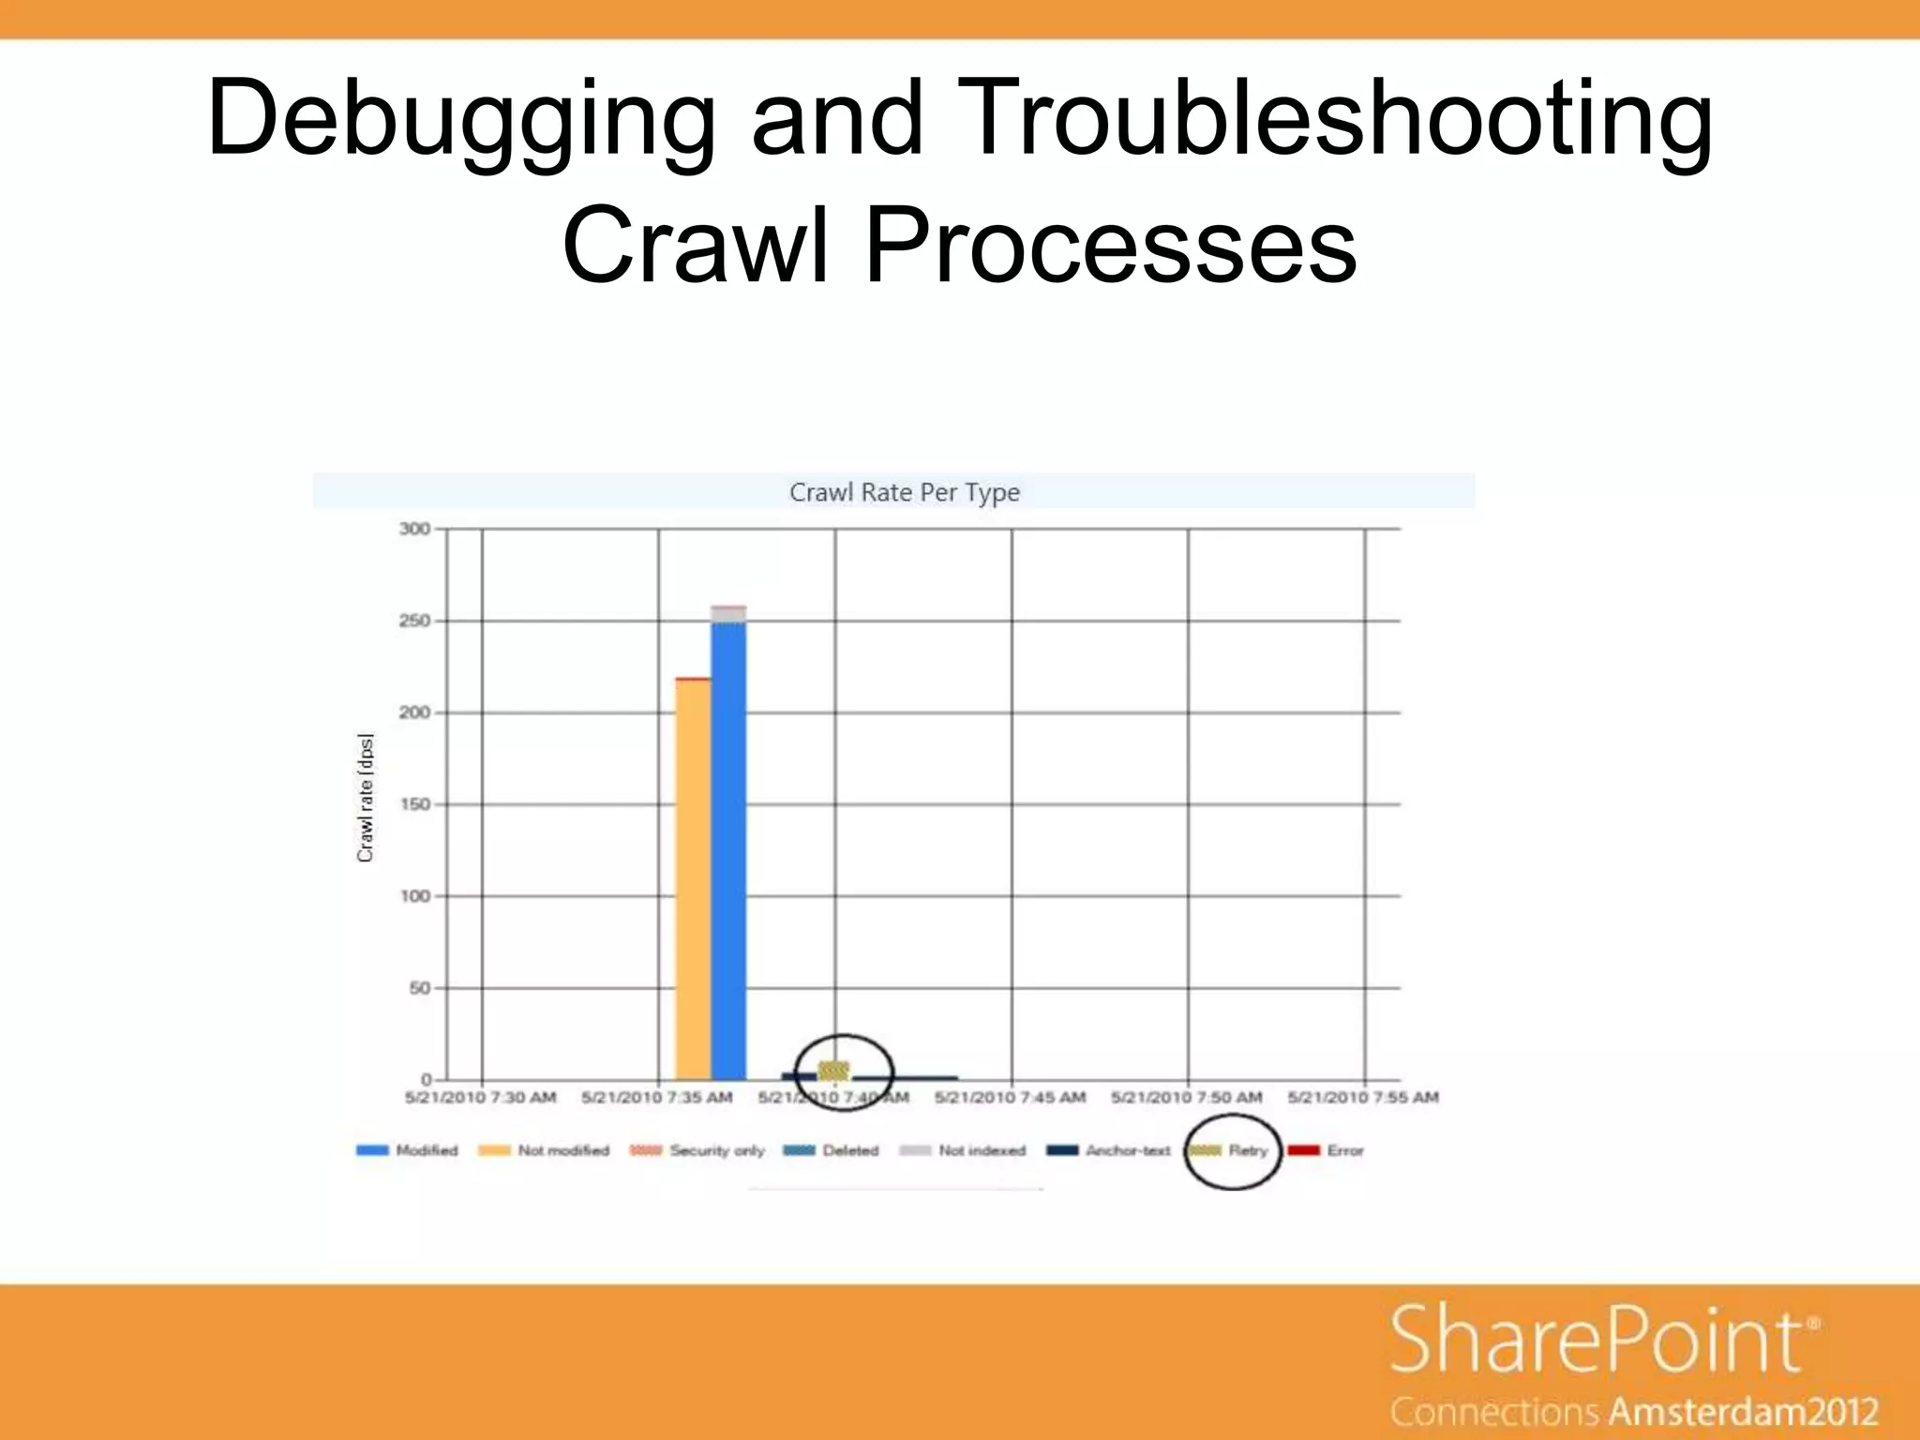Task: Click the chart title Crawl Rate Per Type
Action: point(904,492)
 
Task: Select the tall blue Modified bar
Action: point(728,848)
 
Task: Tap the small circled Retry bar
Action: point(833,1070)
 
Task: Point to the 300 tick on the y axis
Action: point(414,529)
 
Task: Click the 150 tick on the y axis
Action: point(414,804)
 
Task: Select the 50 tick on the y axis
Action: point(418,988)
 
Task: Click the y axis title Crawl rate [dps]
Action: point(366,798)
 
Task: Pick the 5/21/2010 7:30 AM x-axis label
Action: point(480,1097)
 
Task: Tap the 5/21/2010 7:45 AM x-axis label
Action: point(1010,1097)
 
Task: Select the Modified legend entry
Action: point(408,1150)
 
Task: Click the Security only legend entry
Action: point(697,1150)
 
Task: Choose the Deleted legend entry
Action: point(832,1150)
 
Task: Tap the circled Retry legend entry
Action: point(1231,1150)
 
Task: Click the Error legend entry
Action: point(1327,1150)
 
